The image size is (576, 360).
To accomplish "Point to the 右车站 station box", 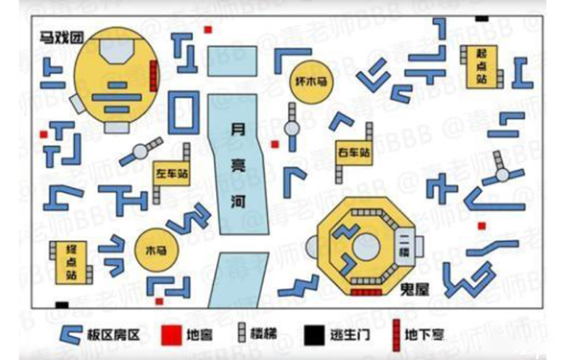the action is [x=352, y=154].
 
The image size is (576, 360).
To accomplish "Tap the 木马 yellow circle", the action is [x=155, y=250].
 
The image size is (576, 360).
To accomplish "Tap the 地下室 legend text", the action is [x=423, y=335].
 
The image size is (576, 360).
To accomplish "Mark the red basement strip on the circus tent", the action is [x=154, y=73].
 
